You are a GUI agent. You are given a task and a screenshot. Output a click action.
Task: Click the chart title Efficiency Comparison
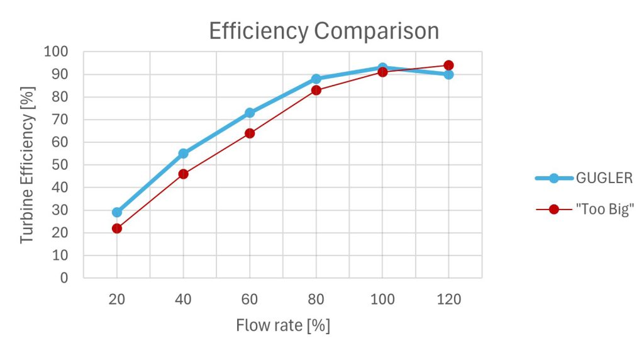[324, 31]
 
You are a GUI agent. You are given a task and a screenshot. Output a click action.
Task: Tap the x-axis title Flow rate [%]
[283, 325]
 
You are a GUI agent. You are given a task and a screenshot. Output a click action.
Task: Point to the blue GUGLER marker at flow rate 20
[117, 212]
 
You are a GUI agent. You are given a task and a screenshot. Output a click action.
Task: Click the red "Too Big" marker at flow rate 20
[117, 228]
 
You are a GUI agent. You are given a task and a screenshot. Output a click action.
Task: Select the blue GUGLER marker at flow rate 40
[184, 154]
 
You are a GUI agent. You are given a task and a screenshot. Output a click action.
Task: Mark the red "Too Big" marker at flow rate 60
[250, 133]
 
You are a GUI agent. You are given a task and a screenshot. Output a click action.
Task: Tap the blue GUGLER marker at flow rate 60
[250, 113]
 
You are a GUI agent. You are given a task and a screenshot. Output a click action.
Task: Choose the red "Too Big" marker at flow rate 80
[316, 90]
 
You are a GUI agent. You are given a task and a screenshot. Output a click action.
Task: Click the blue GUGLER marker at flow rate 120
[448, 74]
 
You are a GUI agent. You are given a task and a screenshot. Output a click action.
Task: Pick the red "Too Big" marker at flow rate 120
[448, 65]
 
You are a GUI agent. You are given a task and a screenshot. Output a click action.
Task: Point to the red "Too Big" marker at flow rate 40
[184, 174]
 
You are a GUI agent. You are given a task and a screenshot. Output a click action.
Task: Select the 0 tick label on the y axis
[64, 278]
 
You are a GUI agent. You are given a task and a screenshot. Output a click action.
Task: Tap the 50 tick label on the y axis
[60, 165]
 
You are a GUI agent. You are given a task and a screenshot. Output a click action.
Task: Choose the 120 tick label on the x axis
[448, 300]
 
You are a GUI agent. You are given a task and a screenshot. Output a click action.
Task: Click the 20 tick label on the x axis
[117, 300]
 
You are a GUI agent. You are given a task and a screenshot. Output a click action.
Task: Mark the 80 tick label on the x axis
[316, 300]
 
